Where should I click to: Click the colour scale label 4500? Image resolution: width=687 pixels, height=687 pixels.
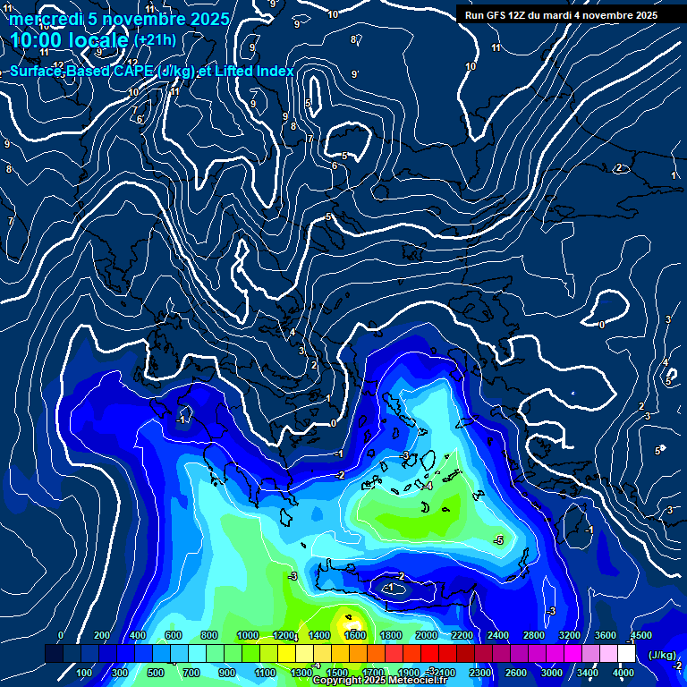pos(640,635)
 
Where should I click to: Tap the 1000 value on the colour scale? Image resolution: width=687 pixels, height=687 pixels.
pos(248,635)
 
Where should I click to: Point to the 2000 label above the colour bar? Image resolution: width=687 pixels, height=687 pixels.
pos(427,635)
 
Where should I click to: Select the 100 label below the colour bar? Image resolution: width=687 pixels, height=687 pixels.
pos(85,673)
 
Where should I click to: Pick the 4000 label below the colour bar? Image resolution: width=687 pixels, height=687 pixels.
pos(623,673)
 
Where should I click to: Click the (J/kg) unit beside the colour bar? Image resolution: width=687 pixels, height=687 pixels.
pos(662,655)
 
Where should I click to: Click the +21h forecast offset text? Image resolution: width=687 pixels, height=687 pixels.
pos(155,39)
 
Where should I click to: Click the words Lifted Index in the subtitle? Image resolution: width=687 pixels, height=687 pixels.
pos(253,71)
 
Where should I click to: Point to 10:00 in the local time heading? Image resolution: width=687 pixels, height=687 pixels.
pos(38,40)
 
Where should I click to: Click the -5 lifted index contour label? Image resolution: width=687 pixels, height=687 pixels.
pos(498,540)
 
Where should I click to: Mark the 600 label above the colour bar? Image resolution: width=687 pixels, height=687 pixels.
pos(174,635)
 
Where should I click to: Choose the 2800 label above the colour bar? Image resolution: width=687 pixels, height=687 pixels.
pos(534,635)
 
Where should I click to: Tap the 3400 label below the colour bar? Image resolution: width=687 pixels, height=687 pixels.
pos(588,673)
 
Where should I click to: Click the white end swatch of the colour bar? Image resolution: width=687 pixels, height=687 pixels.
pos(626,654)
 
